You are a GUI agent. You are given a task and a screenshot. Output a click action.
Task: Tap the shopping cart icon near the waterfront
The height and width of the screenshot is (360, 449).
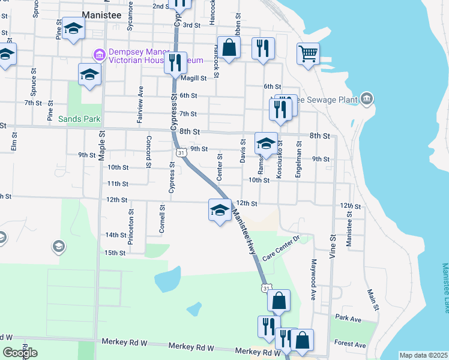(x=308, y=53)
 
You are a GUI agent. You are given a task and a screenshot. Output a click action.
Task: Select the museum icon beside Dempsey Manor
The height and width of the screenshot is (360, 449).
(x=99, y=55)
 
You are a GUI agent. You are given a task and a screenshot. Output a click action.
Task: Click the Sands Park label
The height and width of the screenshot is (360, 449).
(x=79, y=119)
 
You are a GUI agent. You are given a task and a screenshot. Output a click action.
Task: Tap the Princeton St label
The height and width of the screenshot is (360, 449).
(x=130, y=227)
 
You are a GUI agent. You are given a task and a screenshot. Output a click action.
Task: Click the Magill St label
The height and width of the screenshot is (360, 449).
(x=194, y=78)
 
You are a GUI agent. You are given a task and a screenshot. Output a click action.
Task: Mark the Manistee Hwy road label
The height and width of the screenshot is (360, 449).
(x=244, y=235)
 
